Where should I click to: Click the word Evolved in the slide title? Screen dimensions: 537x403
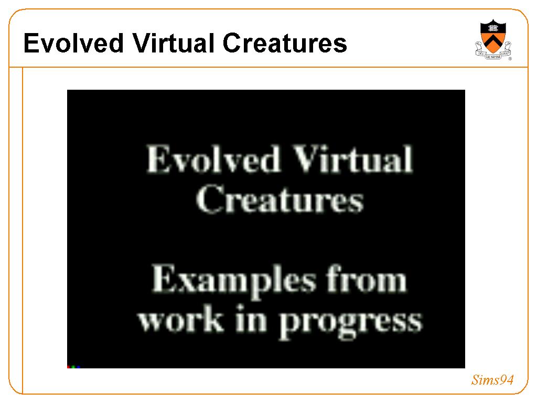tap(73, 43)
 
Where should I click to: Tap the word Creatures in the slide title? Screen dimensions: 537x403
tap(285, 43)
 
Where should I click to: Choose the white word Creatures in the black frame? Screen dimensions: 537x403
tap(280, 198)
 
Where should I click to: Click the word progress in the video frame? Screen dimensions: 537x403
tap(350, 324)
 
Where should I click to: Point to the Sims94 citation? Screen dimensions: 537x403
tap(492, 380)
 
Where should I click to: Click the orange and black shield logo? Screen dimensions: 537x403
tap(493, 37)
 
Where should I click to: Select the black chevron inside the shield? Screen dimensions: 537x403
tap(493, 41)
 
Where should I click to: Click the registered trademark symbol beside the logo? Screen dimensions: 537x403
tap(510, 59)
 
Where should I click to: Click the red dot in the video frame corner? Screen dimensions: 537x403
tap(69, 367)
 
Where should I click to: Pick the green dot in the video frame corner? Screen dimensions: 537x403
tap(73, 367)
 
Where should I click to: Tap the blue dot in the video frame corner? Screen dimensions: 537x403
tap(79, 367)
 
